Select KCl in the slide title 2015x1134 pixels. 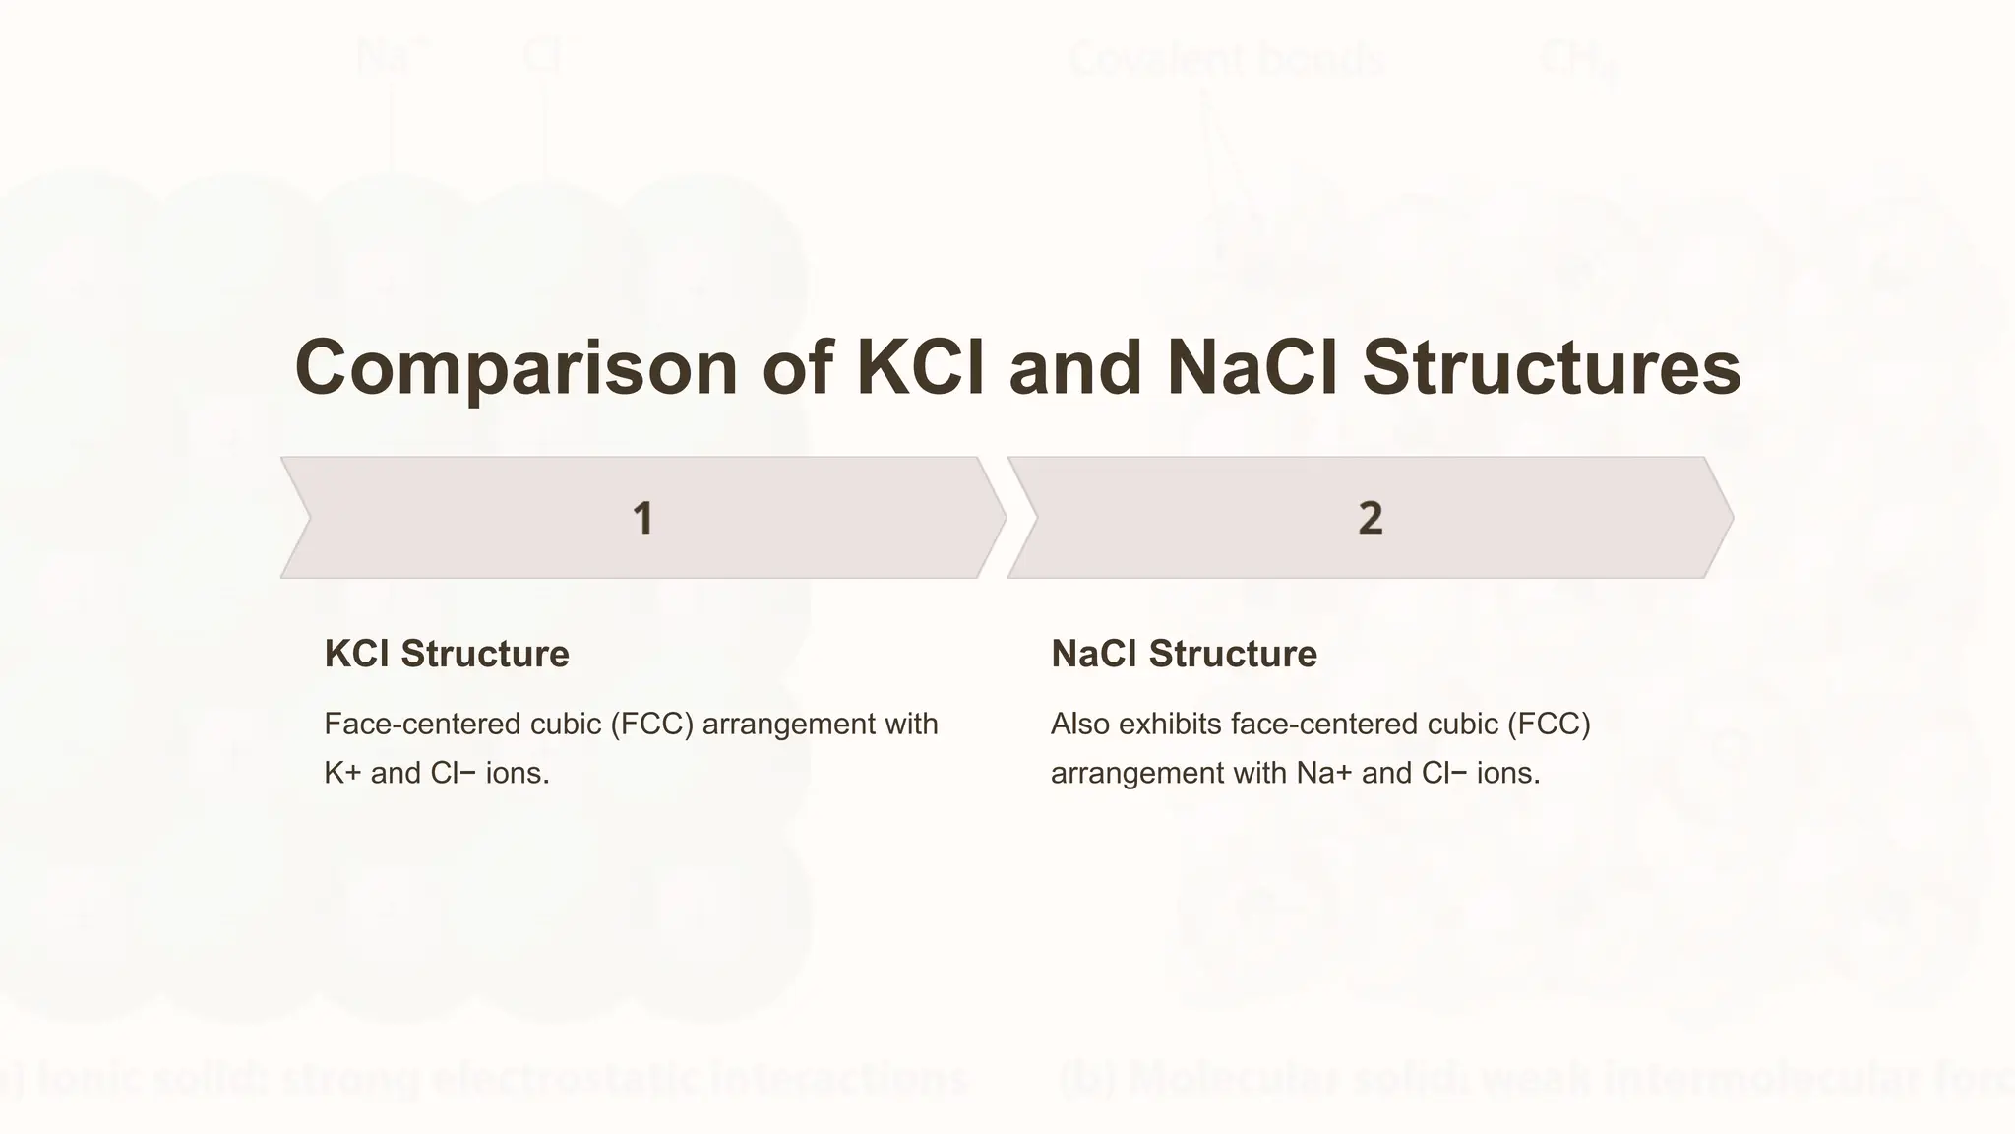click(921, 368)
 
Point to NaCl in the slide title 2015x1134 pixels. click(1252, 368)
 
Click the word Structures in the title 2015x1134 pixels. click(1552, 368)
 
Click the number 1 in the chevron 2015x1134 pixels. click(642, 519)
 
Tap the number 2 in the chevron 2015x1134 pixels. click(1370, 519)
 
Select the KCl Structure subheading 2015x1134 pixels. click(447, 654)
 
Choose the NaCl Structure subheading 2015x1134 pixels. click(1184, 654)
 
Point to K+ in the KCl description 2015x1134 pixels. click(342, 773)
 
